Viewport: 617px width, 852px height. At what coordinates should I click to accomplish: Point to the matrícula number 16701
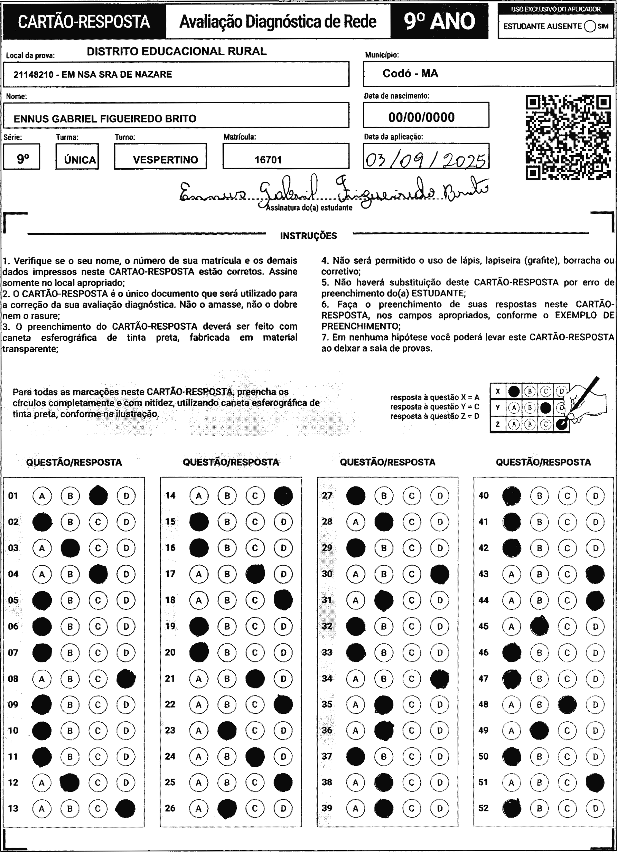pyautogui.click(x=268, y=160)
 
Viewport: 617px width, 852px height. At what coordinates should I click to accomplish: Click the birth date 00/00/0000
pyautogui.click(x=421, y=117)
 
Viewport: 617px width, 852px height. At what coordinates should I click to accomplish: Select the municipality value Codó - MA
pyautogui.click(x=410, y=73)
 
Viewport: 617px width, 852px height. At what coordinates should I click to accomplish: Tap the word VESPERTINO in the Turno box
pyautogui.click(x=165, y=160)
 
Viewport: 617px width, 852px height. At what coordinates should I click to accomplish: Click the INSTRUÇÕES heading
pyautogui.click(x=308, y=236)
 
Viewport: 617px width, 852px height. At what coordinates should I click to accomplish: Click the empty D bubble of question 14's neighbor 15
pyautogui.click(x=283, y=522)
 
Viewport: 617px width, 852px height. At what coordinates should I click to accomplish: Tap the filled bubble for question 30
pyautogui.click(x=440, y=574)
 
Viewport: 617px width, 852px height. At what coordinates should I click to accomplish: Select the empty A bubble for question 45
pyautogui.click(x=512, y=626)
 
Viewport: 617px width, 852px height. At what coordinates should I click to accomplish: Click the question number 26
pyautogui.click(x=170, y=808)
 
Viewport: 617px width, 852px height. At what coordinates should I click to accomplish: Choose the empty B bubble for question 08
pyautogui.click(x=70, y=679)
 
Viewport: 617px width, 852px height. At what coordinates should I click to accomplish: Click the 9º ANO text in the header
pyautogui.click(x=439, y=21)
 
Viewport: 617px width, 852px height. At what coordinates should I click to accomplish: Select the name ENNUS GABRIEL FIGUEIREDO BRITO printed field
pyautogui.click(x=105, y=119)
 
